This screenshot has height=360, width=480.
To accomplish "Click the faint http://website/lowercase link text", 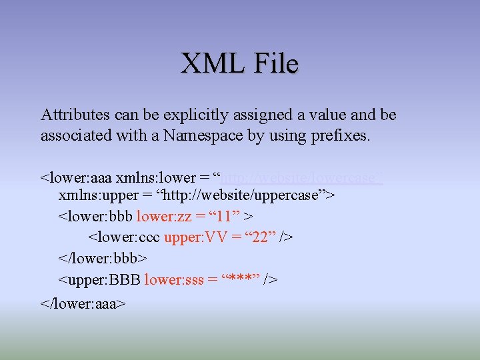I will tap(301, 178).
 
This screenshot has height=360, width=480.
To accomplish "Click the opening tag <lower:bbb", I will tap(95, 217).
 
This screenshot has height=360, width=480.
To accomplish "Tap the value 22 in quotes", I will tap(259, 237).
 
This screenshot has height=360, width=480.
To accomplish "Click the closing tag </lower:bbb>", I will tap(103, 257).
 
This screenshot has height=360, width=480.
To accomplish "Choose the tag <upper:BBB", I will tap(100, 279).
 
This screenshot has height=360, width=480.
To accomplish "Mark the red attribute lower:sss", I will tap(174, 279).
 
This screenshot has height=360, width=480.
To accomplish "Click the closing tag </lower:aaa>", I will tap(83, 303).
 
